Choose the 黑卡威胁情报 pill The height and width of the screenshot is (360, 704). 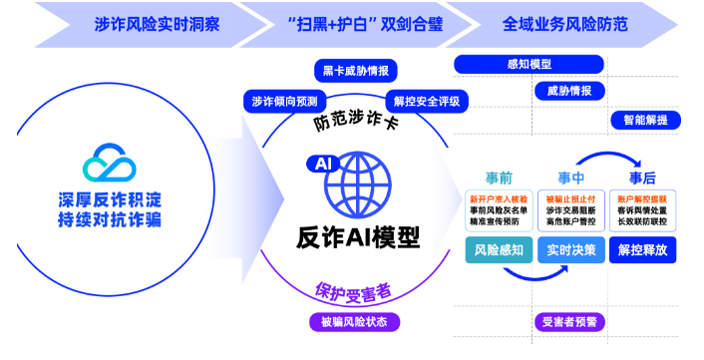pos(356,71)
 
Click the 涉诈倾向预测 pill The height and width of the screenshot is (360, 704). pos(285,101)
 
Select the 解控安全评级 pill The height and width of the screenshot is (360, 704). pos(426,101)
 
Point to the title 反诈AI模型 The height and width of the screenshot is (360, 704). pos(358,238)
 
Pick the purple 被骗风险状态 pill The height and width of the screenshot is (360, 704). pos(354,321)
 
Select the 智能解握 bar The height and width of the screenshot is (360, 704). pos(646,120)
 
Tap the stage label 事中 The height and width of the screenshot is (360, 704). pos(570,179)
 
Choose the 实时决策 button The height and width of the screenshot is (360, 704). pos(570,250)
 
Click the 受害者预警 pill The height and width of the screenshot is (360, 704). pos(570,321)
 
